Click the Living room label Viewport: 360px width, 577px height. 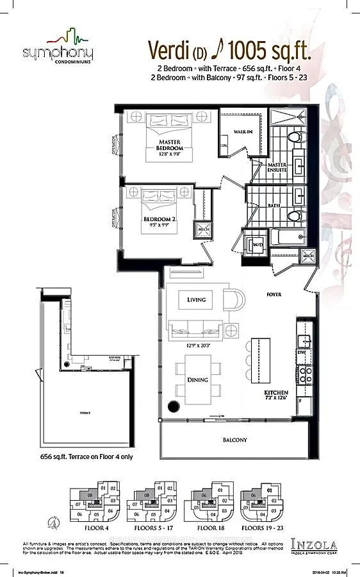click(197, 299)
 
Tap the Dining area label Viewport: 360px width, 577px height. click(197, 380)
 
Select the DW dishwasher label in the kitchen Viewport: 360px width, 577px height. click(302, 353)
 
